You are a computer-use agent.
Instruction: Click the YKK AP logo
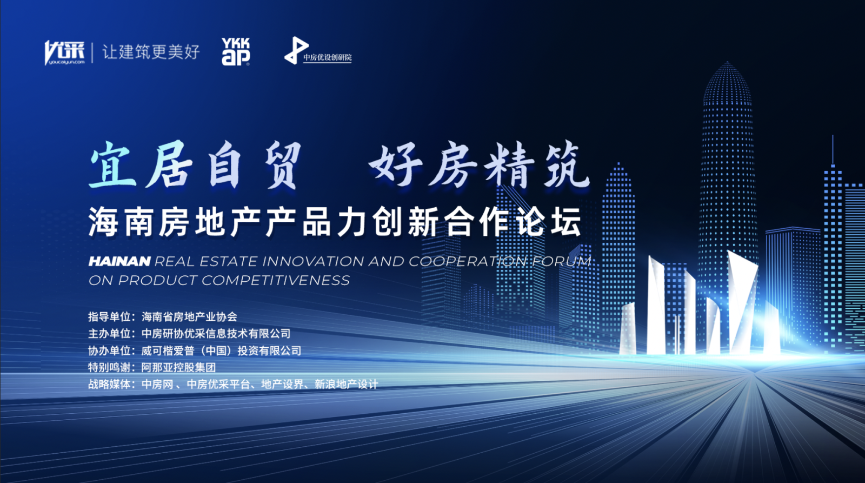(236, 51)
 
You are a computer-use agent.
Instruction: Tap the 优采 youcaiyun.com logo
(64, 52)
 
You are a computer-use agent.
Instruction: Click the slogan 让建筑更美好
(151, 52)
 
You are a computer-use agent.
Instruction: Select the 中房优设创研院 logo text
(328, 57)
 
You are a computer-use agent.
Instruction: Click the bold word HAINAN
(119, 262)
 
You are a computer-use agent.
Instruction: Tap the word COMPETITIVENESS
(276, 280)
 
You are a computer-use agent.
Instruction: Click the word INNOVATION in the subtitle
(313, 262)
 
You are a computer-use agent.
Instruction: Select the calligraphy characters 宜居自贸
(195, 166)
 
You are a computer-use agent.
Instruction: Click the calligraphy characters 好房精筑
(480, 166)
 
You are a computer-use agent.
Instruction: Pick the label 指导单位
(109, 317)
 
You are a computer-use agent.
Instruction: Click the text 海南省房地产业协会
(189, 317)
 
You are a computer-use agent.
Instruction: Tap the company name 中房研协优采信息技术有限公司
(216, 334)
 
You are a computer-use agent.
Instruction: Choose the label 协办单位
(109, 350)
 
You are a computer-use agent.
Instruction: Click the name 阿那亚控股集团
(178, 367)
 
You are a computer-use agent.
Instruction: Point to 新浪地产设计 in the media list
(346, 384)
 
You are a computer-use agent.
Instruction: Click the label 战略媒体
(109, 384)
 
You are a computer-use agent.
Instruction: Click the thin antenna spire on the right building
(833, 150)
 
